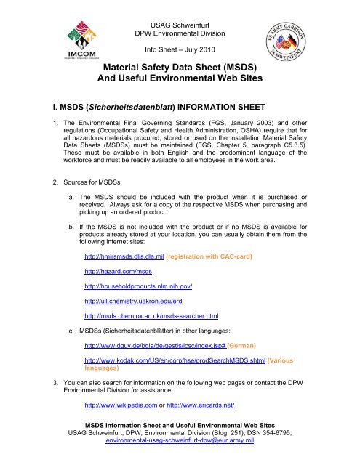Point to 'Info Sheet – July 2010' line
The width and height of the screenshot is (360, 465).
pyautogui.click(x=179, y=50)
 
